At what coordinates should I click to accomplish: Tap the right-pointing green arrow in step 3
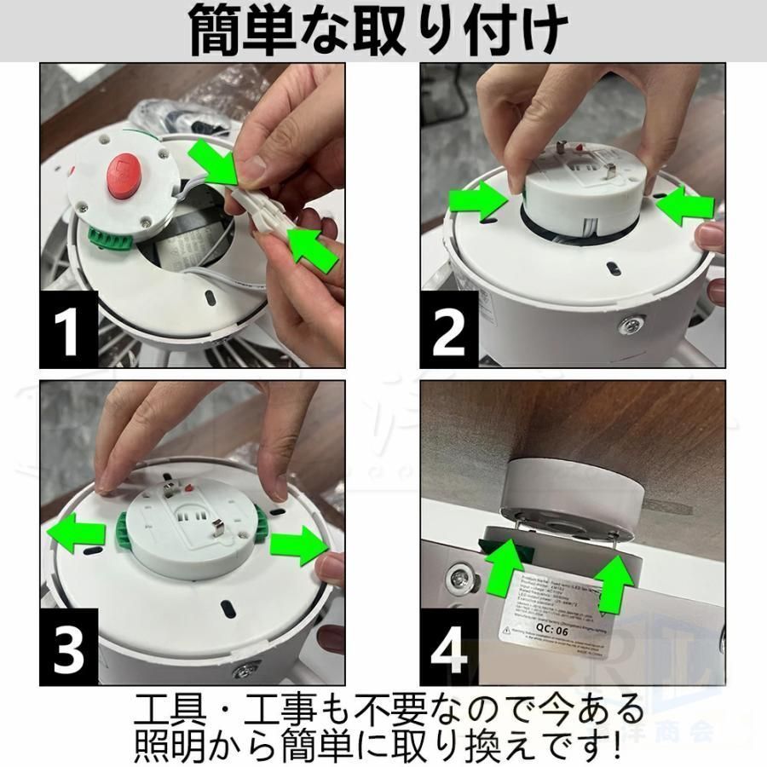[x=298, y=541]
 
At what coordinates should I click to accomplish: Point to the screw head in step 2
[x=631, y=326]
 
